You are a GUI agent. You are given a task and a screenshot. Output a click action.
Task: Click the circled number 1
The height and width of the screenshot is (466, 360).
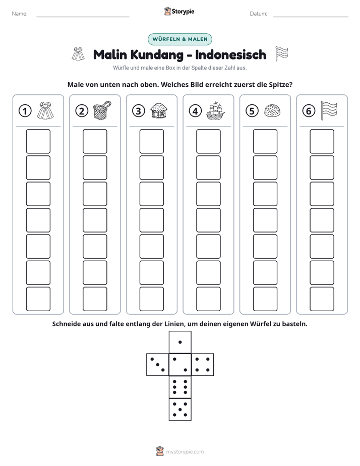point(25,111)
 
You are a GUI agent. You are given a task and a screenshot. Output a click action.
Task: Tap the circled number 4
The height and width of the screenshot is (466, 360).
point(195,111)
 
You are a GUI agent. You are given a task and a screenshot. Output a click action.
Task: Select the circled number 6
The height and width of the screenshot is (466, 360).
point(309,111)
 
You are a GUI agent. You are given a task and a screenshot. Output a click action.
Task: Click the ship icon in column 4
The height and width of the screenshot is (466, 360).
point(215,110)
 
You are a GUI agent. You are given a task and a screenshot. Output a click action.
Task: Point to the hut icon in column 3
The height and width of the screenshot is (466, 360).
point(159,111)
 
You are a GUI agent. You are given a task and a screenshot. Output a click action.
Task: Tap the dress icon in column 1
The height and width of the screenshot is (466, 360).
point(45,110)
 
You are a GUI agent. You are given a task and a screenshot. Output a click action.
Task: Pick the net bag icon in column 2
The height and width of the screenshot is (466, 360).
point(102,110)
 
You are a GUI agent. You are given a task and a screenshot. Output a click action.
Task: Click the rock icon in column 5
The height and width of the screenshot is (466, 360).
point(272,111)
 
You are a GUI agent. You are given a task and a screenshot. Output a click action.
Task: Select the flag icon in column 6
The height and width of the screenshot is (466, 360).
point(329,110)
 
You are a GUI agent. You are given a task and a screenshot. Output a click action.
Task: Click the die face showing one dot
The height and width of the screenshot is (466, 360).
point(180,342)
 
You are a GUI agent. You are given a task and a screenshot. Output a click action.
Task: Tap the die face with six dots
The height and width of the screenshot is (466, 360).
point(180,387)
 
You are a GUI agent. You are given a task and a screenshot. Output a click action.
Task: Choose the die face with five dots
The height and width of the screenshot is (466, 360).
point(180,410)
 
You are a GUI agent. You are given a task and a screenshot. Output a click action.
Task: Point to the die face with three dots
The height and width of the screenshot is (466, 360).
point(158,365)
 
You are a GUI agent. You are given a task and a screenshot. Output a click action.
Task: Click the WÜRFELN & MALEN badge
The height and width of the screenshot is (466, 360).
point(180,39)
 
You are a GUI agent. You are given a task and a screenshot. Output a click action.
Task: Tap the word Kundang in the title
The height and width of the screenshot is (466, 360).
point(157,54)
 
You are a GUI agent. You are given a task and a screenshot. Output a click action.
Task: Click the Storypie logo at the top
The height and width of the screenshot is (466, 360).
point(179,11)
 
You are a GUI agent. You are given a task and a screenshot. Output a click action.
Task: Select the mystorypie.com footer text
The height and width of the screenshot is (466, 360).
point(185,452)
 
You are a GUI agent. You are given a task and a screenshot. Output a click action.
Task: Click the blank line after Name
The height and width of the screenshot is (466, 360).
point(83,17)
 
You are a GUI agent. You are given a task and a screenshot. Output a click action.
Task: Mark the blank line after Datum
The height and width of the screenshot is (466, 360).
point(311,17)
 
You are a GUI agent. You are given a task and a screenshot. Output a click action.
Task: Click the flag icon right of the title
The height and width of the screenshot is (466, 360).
point(281,54)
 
